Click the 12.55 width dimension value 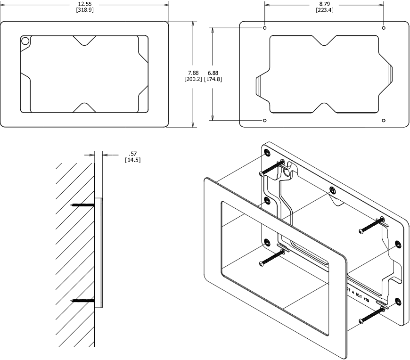point(85,4)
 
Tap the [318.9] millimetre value point(85,10)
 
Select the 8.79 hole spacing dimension point(324,4)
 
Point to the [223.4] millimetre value point(324,10)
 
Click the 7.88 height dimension point(193,73)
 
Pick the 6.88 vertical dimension point(213,73)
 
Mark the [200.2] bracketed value point(193,79)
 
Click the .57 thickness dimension point(132,154)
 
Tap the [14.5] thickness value point(132,160)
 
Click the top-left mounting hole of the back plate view point(265,28)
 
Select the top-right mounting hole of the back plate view point(384,28)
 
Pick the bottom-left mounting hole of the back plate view point(265,121)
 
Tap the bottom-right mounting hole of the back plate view point(384,121)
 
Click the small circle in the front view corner point(26,42)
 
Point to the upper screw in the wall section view point(82,205)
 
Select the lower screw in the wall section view point(82,300)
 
